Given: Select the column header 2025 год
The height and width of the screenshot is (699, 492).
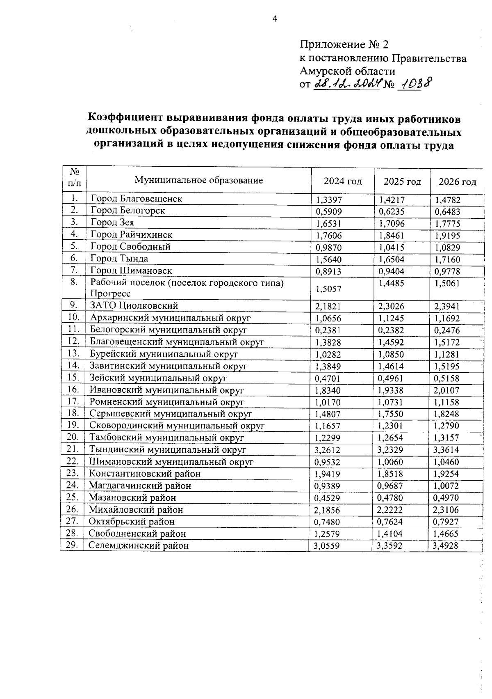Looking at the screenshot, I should pos(402,181).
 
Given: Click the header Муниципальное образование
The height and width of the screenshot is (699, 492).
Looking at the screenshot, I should pos(199,180).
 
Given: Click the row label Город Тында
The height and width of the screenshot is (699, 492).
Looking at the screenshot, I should pos(119,259).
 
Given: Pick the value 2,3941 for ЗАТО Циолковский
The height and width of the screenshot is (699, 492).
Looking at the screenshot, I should pos(447,307).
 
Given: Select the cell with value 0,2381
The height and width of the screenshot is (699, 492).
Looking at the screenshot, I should pos(328,330).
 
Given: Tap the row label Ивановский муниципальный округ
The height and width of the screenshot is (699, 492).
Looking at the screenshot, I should pos(167,390).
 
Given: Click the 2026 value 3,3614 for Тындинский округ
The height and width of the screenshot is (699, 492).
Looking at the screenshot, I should pos(446,450).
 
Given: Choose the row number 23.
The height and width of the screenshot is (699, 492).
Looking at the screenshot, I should pos(72,473).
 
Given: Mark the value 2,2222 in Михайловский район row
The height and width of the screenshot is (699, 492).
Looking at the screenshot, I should pos(389,510).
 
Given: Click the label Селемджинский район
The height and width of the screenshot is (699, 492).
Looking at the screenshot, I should pos(139,545).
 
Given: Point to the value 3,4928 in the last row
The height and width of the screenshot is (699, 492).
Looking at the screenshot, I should pos(445,546).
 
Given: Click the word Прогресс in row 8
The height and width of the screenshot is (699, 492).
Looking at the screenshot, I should pos(111,294).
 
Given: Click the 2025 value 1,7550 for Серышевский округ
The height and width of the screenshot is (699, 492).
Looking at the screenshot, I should pos(390,414).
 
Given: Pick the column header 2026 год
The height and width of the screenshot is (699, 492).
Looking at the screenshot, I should pos(457,182).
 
